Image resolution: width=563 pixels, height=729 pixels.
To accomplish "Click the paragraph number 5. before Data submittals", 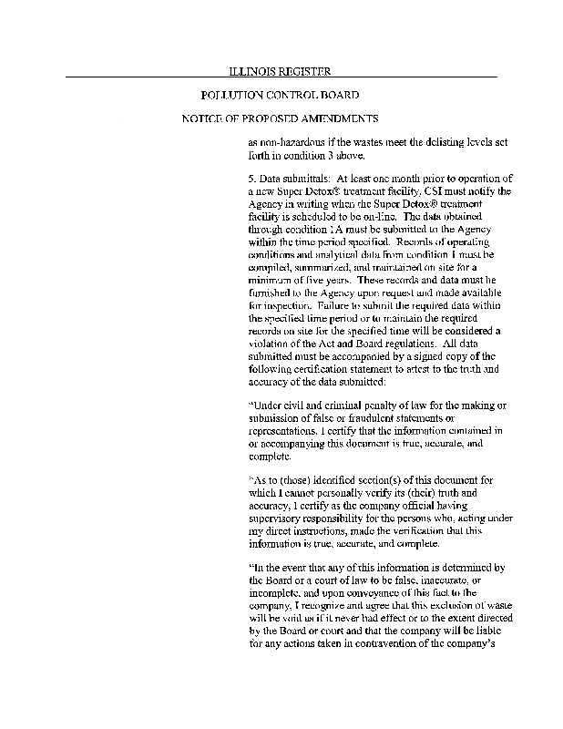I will click(x=251, y=178).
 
